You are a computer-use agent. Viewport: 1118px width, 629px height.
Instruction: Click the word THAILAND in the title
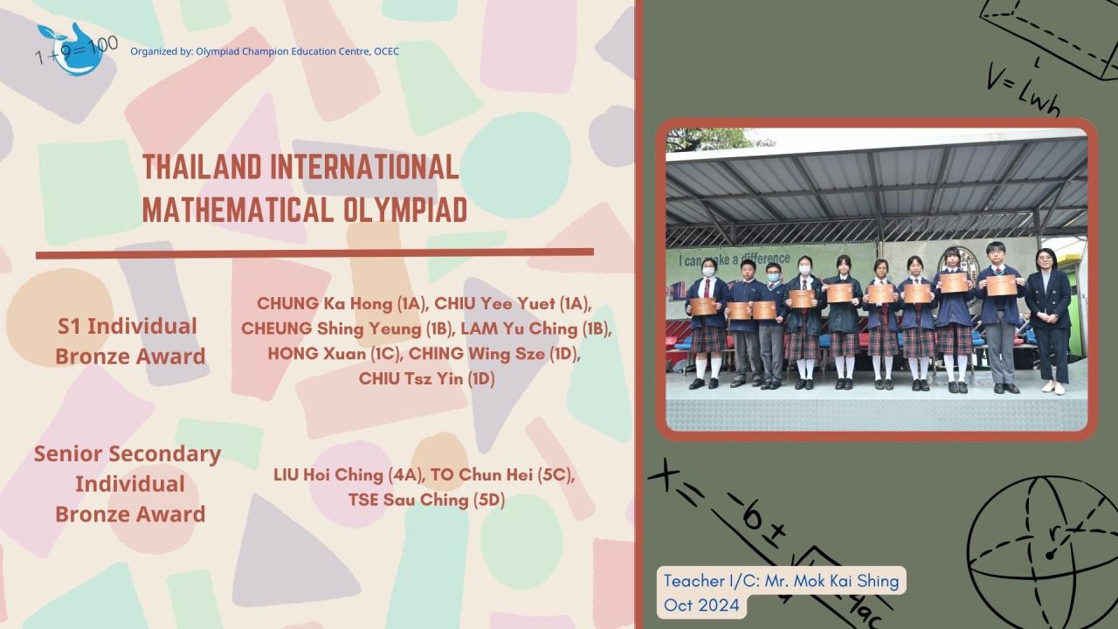tap(202, 167)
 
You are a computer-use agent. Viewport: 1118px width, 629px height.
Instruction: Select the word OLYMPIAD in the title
tap(404, 210)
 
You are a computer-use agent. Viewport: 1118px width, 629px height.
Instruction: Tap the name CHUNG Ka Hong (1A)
tap(342, 303)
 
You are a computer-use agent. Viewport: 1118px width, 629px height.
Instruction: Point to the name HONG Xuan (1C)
tap(335, 354)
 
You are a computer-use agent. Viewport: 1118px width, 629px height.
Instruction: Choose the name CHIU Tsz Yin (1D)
tap(427, 378)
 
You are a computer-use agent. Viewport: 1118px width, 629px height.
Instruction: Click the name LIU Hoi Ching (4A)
tap(349, 474)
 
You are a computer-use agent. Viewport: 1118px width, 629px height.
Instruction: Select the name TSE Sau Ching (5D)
tap(427, 500)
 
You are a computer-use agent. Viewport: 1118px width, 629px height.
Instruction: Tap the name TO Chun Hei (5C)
tap(503, 474)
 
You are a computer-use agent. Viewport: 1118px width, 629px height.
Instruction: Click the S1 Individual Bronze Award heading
tap(130, 341)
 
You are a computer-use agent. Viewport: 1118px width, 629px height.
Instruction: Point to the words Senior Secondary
tap(128, 453)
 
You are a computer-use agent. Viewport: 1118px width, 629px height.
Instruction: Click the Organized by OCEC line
tap(265, 51)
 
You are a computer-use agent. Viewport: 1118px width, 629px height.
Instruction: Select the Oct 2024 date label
tap(701, 605)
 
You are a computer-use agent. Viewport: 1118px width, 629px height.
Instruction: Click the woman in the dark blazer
tap(1048, 321)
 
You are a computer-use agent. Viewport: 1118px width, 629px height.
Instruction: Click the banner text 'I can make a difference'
tap(735, 259)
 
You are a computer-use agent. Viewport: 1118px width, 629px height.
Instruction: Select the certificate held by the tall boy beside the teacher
tap(1002, 285)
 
